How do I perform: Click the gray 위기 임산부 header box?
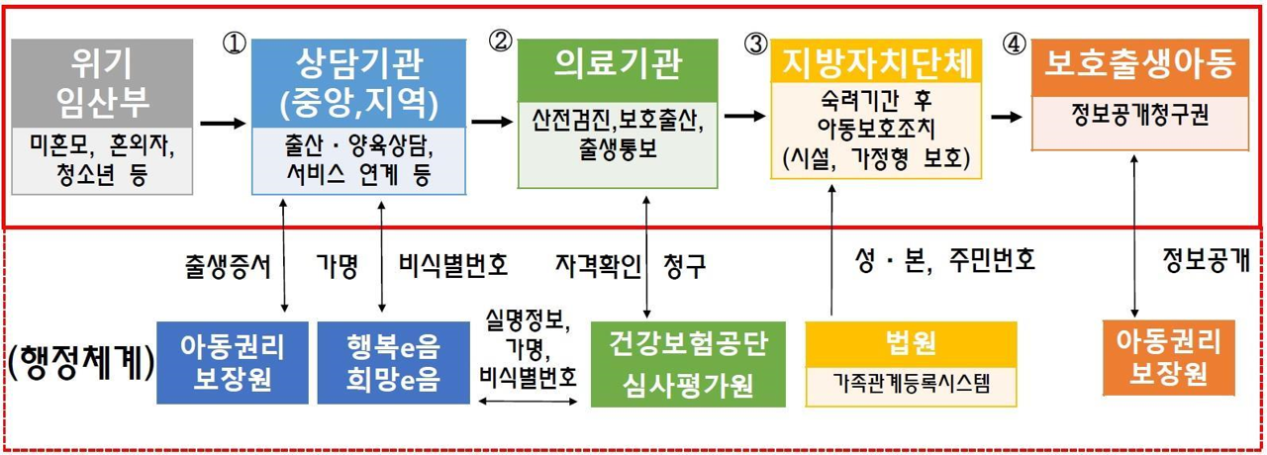click(102, 84)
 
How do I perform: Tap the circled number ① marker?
click(235, 43)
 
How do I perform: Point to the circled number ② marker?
click(500, 42)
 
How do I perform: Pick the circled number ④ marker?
click(1015, 44)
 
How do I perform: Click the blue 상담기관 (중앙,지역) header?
click(358, 84)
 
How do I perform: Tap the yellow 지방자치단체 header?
click(876, 61)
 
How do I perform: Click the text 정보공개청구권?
click(1140, 115)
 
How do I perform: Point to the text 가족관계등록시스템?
click(912, 385)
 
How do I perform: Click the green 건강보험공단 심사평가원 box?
click(688, 364)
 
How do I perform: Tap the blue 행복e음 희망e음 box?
click(394, 362)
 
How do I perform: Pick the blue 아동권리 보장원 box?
click(233, 362)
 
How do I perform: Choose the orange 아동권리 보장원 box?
click(1169, 358)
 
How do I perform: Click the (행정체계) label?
click(82, 362)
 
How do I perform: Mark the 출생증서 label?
click(228, 266)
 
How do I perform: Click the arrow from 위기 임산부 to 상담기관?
click(223, 123)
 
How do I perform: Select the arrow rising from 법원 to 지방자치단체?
click(831, 249)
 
